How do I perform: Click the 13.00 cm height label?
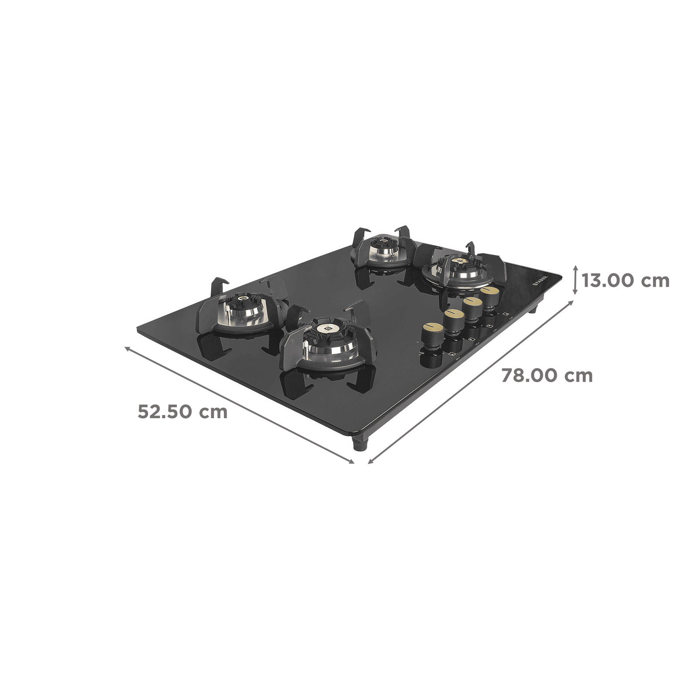pos(626,281)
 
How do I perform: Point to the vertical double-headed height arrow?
pos(576,281)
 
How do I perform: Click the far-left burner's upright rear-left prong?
pos(217,283)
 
